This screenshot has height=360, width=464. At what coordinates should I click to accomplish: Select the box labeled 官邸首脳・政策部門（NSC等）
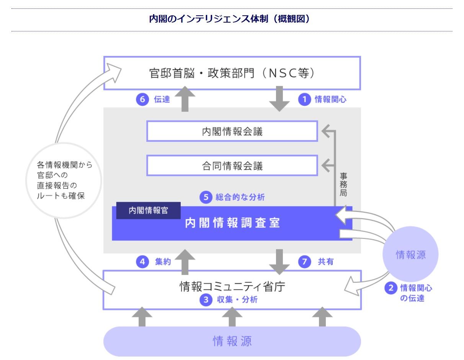pyautogui.click(x=232, y=73)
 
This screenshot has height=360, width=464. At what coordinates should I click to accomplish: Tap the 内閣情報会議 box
pyautogui.click(x=232, y=131)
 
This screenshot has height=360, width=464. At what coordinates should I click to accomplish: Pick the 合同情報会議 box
pyautogui.click(x=232, y=166)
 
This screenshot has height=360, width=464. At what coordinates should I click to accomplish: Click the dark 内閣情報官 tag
pyautogui.click(x=148, y=211)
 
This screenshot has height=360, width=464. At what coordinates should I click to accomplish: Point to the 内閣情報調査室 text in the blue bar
pyautogui.click(x=232, y=223)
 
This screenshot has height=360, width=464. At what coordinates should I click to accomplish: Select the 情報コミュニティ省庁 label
pyautogui.click(x=232, y=286)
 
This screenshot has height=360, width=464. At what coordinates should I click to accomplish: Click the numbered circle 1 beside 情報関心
pyautogui.click(x=304, y=100)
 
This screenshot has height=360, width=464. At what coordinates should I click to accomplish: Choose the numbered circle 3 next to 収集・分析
pyautogui.click(x=206, y=300)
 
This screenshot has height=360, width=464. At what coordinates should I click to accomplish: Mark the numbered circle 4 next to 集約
pyautogui.click(x=142, y=262)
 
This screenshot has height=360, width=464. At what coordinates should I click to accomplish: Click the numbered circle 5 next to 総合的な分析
pyautogui.click(x=206, y=197)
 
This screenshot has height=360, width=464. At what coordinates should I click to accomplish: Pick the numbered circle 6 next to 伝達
pyautogui.click(x=142, y=100)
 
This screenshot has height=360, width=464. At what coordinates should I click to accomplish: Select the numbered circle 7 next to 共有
pyautogui.click(x=304, y=262)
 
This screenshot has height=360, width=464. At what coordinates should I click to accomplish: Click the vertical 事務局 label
pyautogui.click(x=343, y=184)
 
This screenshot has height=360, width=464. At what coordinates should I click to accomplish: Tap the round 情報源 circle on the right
pyautogui.click(x=410, y=254)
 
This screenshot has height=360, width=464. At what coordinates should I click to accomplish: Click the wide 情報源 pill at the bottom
pyautogui.click(x=232, y=341)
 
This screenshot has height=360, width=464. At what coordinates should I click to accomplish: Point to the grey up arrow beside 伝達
pyautogui.click(x=185, y=99)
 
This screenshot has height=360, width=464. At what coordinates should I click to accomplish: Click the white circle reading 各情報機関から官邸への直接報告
pyautogui.click(x=64, y=180)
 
